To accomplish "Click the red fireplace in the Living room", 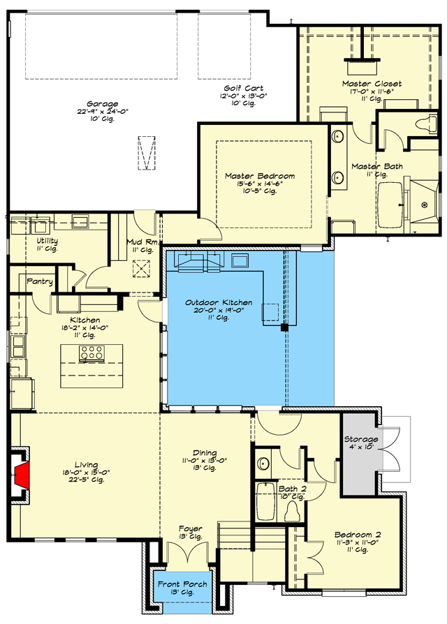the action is tap(22, 475).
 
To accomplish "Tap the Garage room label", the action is tap(102, 104).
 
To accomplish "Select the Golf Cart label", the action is tap(243, 88).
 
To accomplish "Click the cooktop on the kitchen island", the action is tap(92, 353).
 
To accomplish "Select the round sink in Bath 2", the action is tap(263, 463).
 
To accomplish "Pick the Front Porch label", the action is tap(182, 584).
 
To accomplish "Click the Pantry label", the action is tap(40, 282).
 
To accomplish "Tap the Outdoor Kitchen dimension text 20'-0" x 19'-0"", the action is tap(219, 311).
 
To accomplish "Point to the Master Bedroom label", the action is tap(260, 176).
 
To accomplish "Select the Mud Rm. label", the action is tap(143, 242).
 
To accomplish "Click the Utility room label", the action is tap(47, 241).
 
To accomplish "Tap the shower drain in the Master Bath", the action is tap(425, 205).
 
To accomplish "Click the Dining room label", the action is tap(205, 453).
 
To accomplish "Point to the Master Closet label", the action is tap(372, 84).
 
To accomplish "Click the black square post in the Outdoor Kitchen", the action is tap(284, 327).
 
